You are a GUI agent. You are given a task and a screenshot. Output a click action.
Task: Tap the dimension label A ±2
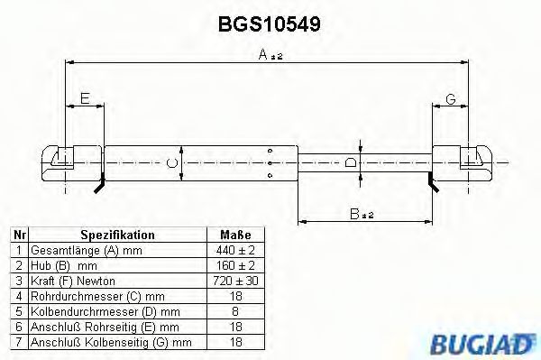point(268,55)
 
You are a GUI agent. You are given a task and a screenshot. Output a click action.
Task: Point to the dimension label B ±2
point(362,213)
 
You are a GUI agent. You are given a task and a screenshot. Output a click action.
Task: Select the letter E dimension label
point(85,98)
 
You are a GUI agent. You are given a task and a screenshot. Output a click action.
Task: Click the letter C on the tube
point(172,163)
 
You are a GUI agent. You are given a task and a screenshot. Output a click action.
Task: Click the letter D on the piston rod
point(351,163)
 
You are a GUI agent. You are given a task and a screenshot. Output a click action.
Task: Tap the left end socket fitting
point(67,163)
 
